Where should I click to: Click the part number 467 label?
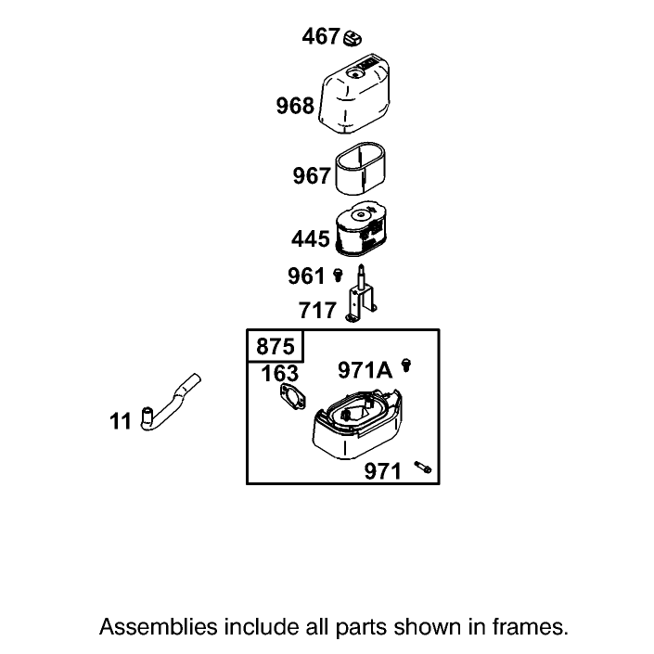click(x=320, y=36)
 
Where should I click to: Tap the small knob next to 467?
click(x=353, y=38)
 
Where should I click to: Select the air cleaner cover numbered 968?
click(x=355, y=94)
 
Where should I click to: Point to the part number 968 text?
click(x=295, y=106)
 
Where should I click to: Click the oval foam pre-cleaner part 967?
click(x=361, y=169)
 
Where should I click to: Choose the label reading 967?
click(x=312, y=175)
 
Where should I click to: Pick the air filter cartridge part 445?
click(x=361, y=229)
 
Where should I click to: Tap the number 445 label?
click(x=311, y=239)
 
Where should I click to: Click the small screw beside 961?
click(x=339, y=275)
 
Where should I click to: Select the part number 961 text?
click(x=306, y=276)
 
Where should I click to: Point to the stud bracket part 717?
click(x=360, y=294)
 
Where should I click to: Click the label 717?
click(x=317, y=311)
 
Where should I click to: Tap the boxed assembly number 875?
click(x=276, y=347)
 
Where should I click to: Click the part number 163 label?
click(x=280, y=373)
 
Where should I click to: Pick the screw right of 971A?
click(x=405, y=365)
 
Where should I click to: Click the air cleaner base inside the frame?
click(x=357, y=423)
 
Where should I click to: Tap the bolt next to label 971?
click(x=423, y=468)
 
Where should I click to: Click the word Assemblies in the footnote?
click(x=159, y=627)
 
